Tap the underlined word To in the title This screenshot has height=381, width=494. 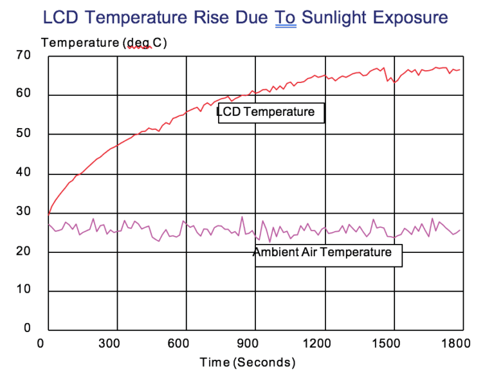point(286,17)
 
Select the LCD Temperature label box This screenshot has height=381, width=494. point(271,112)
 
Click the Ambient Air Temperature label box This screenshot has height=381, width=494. point(327,252)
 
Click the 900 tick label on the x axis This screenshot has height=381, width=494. point(255,343)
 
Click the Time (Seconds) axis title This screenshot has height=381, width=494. point(248,362)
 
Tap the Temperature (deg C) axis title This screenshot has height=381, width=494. point(104,43)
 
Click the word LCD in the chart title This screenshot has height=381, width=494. point(61,17)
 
